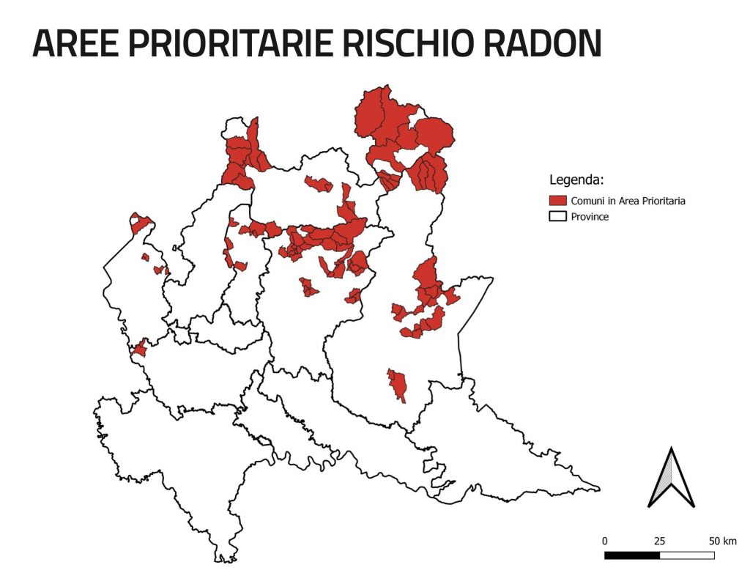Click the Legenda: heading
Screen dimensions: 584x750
coord(576,180)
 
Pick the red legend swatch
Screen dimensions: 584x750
coord(558,200)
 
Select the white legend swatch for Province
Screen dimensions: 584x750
coord(558,217)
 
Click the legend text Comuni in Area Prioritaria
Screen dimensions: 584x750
coord(628,200)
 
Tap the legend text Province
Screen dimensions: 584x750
coord(590,217)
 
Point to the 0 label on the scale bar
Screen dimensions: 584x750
coord(604,541)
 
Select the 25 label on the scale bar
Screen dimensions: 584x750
coord(659,541)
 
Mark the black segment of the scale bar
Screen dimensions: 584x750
coord(632,555)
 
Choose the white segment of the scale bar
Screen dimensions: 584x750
coord(687,555)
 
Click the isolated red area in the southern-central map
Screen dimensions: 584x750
coord(397,385)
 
